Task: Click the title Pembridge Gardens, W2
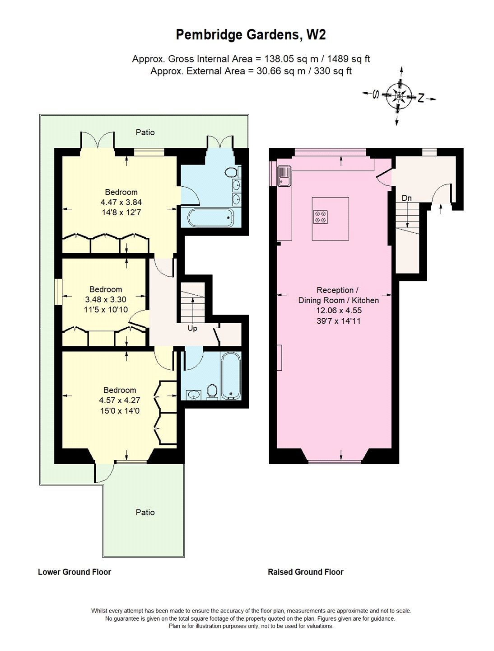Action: click(x=251, y=35)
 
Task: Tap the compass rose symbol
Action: click(x=399, y=96)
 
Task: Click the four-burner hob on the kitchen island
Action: click(x=321, y=217)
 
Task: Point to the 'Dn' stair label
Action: click(x=407, y=198)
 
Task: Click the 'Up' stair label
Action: click(x=192, y=329)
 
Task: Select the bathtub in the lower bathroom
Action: click(x=230, y=376)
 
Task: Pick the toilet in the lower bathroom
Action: click(x=211, y=392)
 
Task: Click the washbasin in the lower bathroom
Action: click(x=194, y=395)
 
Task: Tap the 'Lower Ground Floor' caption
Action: click(x=75, y=572)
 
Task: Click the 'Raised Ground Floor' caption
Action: click(x=306, y=572)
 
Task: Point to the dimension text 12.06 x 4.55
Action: click(x=339, y=310)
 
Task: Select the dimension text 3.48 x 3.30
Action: click(x=106, y=299)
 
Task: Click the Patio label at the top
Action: click(x=145, y=132)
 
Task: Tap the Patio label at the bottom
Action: click(x=145, y=512)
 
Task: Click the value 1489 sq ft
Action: click(x=349, y=59)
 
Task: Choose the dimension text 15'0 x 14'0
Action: click(x=119, y=411)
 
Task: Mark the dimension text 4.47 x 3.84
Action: click(x=121, y=202)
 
